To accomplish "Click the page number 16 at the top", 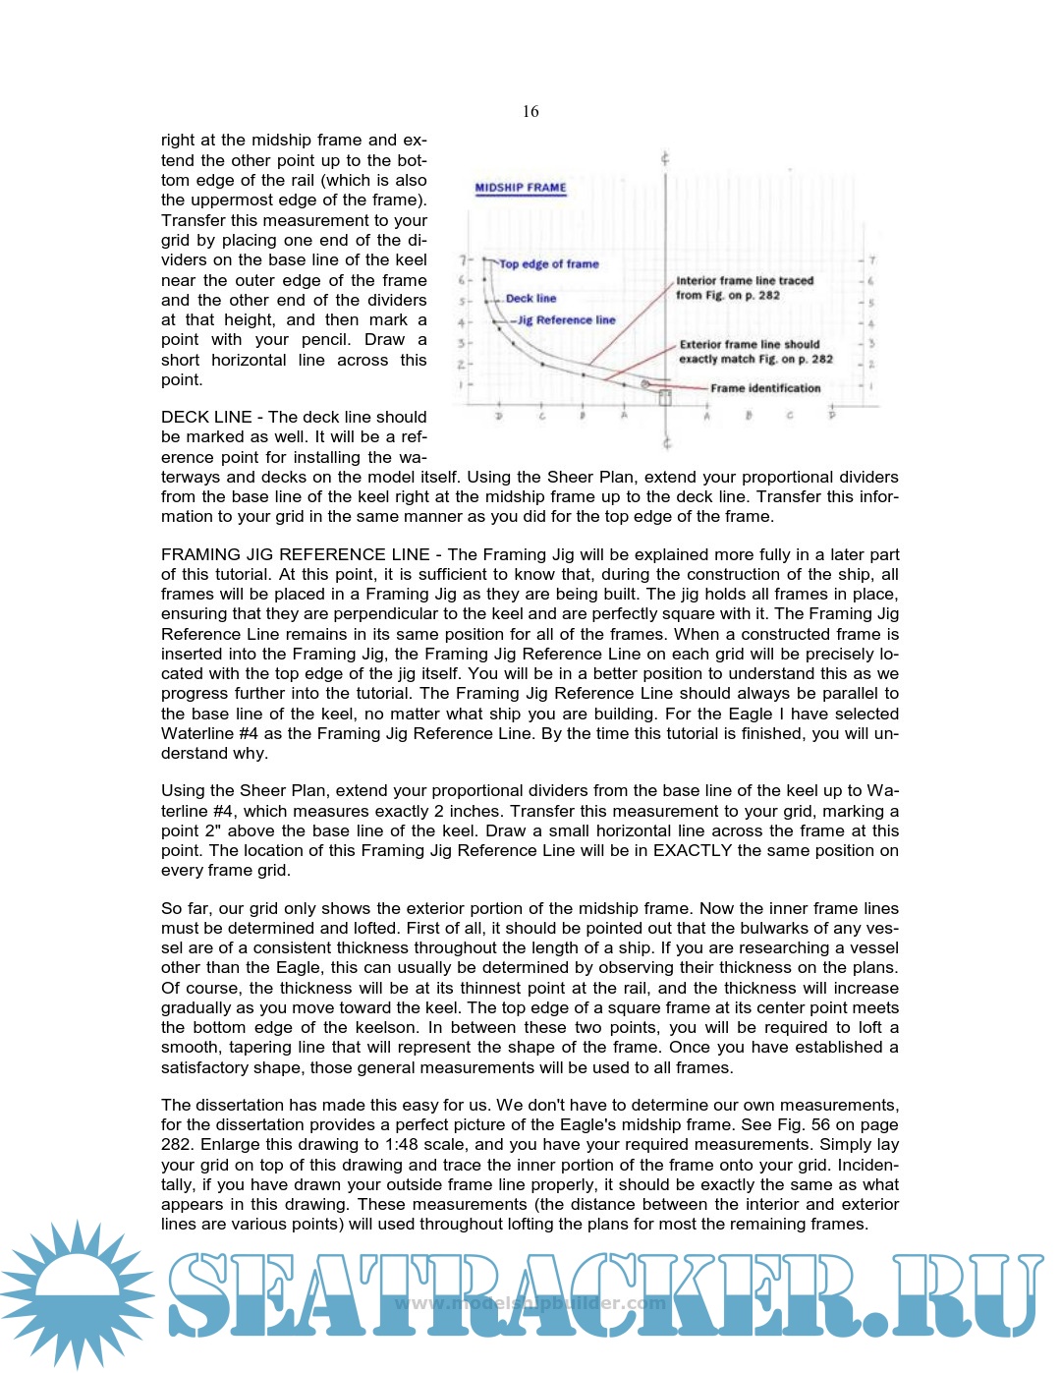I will [x=530, y=112].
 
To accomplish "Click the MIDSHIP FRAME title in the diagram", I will [x=521, y=188].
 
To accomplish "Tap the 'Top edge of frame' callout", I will [x=548, y=264].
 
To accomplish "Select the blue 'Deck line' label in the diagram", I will [x=530, y=299].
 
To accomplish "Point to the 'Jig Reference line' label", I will [x=566, y=320].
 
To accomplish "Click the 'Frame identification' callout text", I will [x=765, y=388].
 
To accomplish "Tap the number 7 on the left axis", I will [x=462, y=260].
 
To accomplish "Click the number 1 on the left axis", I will [x=462, y=384].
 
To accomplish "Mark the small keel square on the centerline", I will [x=665, y=398].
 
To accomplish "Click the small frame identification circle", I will [x=645, y=384].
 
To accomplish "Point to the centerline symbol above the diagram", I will [x=666, y=159].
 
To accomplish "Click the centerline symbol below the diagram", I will [x=666, y=443].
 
